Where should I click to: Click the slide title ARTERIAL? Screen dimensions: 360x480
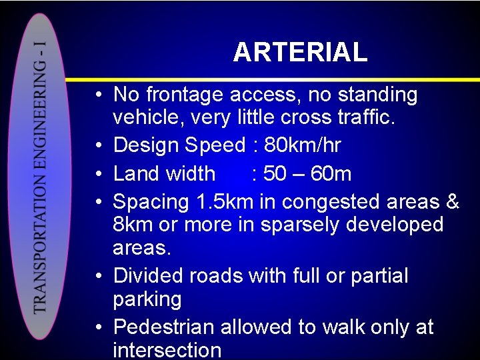tap(300, 52)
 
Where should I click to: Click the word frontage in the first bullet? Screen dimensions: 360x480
tap(184, 95)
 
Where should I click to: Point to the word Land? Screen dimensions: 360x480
tap(135, 173)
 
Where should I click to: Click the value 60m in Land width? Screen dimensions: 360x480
tap(331, 173)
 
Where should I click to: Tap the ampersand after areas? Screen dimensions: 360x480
tap(452, 201)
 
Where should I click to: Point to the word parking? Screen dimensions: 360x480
tap(147, 299)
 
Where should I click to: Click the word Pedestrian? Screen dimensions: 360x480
tap(164, 327)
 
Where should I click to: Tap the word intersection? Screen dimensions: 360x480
tap(167, 350)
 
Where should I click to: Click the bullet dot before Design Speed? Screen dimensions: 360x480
tap(97, 145)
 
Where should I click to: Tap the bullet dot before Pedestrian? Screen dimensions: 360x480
tap(97, 328)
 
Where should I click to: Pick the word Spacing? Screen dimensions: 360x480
tap(151, 201)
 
